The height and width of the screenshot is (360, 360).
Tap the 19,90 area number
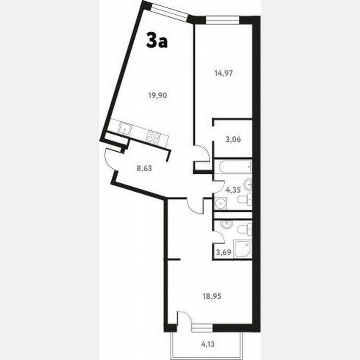[157, 95]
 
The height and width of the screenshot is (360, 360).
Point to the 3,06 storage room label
[233, 139]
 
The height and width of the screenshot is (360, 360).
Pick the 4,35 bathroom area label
[233, 190]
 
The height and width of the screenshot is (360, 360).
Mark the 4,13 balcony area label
[209, 344]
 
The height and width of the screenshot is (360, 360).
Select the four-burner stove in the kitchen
[154, 137]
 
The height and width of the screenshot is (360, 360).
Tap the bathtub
[232, 167]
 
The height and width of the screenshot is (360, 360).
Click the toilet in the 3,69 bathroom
[245, 229]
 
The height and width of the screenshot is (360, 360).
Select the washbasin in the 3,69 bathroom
[225, 225]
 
